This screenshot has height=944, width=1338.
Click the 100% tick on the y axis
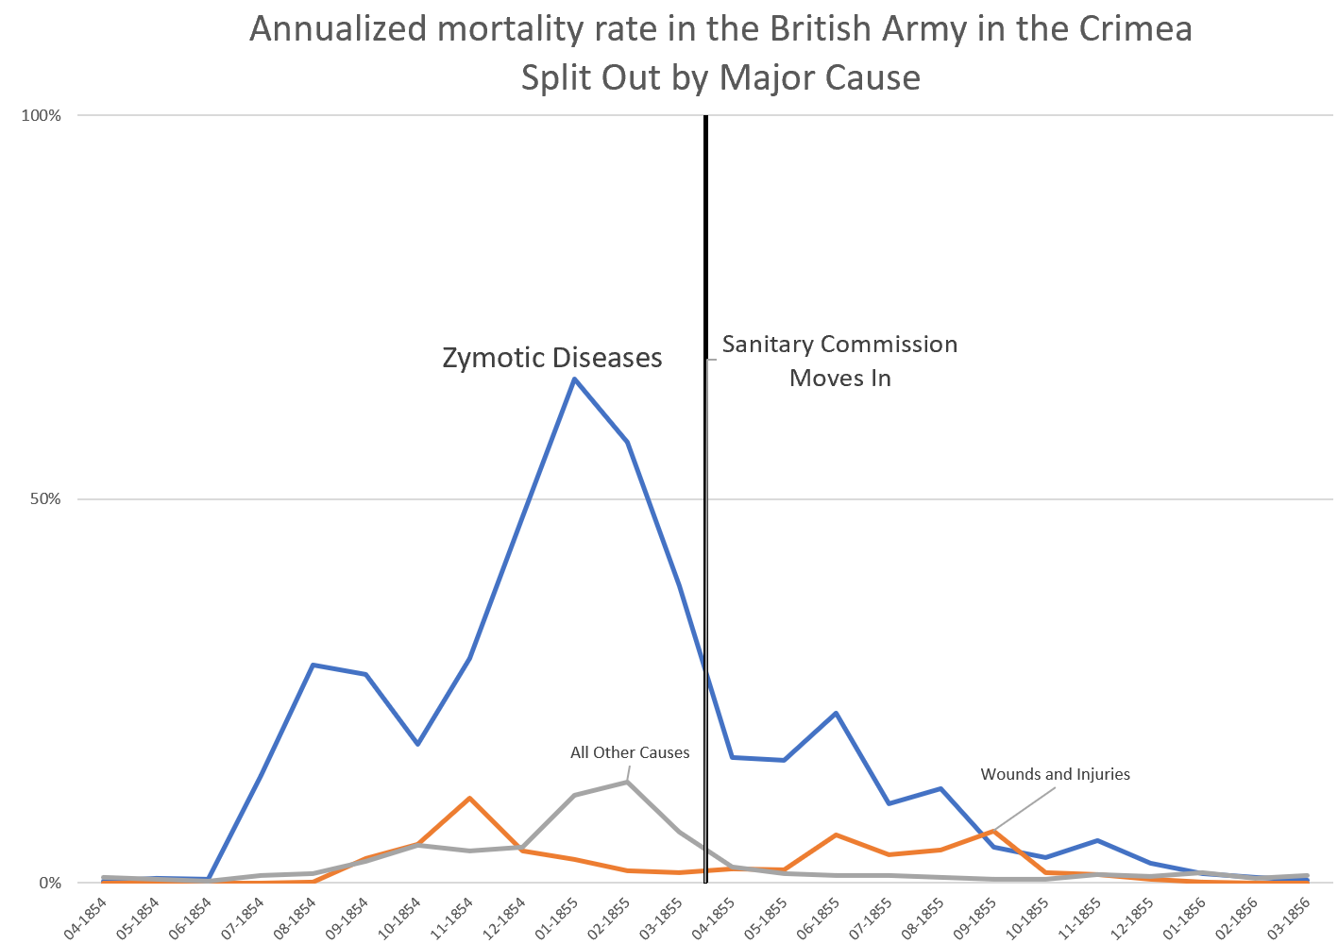pos(42,116)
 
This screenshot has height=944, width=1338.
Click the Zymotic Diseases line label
pos(552,358)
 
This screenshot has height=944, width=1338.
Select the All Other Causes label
pos(630,752)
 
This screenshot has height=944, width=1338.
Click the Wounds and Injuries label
pos(1055,774)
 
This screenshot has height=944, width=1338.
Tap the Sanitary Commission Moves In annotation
pos(839,361)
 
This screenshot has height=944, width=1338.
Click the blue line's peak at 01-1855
pos(574,379)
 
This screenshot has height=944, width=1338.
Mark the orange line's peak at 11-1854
pos(469,798)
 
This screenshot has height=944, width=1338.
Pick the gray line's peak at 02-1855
pos(626,782)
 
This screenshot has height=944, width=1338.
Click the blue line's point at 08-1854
pos(313,665)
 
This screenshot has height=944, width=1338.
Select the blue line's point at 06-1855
pos(836,713)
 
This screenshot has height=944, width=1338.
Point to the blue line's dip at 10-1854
pos(417,744)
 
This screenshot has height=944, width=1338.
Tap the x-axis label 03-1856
pos(1292,917)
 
